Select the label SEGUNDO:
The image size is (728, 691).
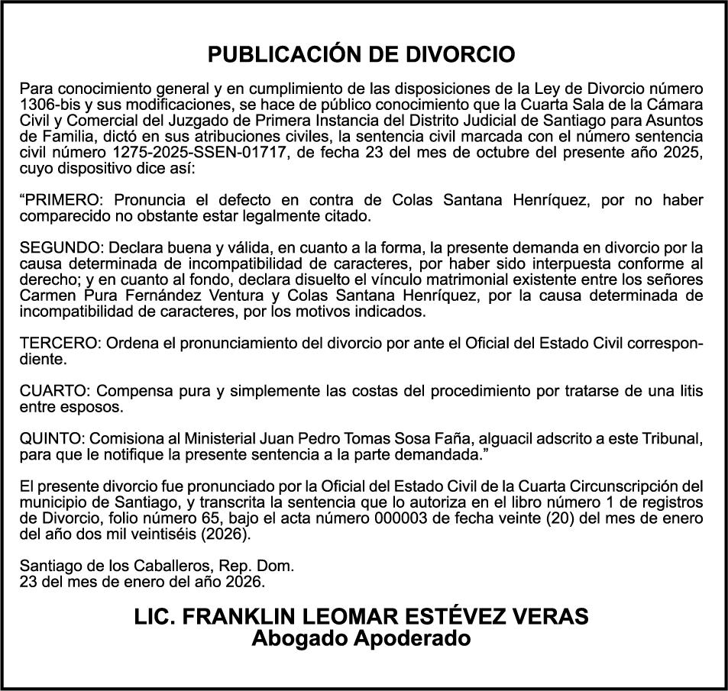click(61, 247)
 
